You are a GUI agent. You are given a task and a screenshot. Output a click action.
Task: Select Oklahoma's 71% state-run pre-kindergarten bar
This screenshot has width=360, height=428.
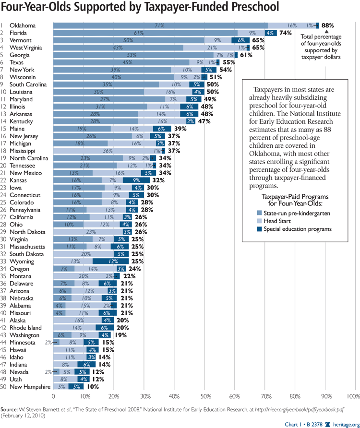(x=160, y=25)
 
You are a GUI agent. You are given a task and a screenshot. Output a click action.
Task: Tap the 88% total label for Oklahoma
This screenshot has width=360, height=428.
(x=328, y=25)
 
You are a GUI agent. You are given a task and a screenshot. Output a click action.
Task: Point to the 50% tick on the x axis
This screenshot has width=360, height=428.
(x=205, y=397)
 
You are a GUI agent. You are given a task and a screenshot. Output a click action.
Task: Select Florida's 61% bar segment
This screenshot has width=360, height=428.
(x=145, y=33)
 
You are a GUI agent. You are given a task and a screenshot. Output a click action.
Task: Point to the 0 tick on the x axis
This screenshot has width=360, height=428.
(x=53, y=397)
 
